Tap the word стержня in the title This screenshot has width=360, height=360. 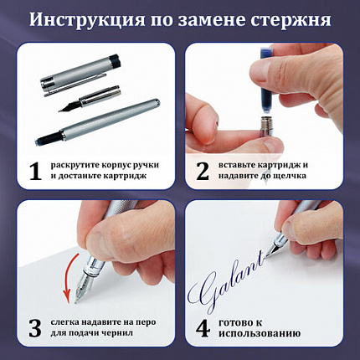282,19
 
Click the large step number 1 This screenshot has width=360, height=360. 33,172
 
